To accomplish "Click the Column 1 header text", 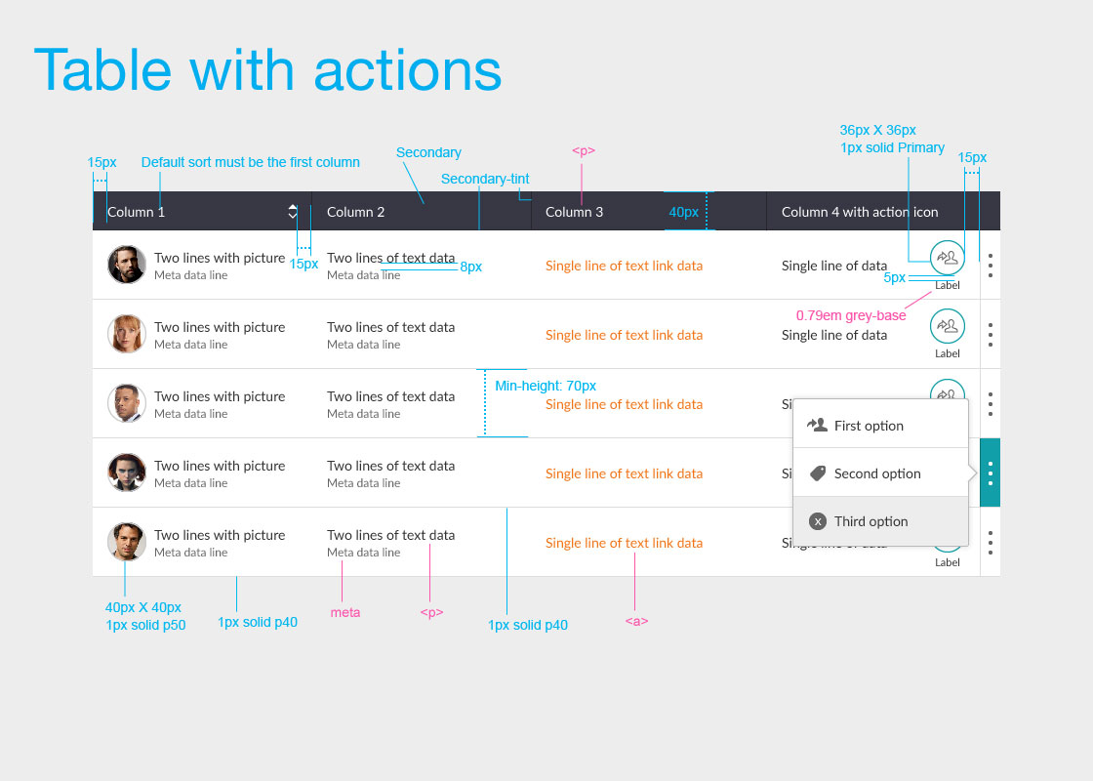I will coord(136,212).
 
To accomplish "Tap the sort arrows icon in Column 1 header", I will coord(293,211).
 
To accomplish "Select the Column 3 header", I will coord(574,212).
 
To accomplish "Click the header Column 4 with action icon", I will coord(859,212).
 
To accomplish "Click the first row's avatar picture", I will coord(127,265).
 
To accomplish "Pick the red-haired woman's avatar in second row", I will coord(127,334).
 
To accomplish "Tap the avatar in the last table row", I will coord(127,542).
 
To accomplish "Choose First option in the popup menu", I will coord(869,426).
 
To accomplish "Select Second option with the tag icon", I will coord(876,473).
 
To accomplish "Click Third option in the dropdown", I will coord(870,521).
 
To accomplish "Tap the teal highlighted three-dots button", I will coord(990,473).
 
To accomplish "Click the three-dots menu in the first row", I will coord(990,265).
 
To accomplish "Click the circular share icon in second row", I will coord(947,326).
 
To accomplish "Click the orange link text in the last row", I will coord(624,543).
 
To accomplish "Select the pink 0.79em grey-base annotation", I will coord(850,315).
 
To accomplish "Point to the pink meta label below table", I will coord(345,613).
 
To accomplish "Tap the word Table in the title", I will coord(102,70).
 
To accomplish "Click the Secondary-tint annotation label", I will coord(485,179).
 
